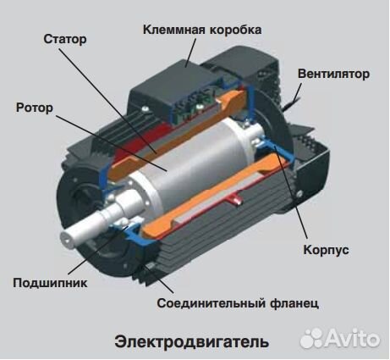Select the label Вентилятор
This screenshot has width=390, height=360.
coord(333,74)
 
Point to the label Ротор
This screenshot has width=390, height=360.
coord(35,108)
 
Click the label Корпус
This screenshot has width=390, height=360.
coord(325,251)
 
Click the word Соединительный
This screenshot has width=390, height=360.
coord(206,302)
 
